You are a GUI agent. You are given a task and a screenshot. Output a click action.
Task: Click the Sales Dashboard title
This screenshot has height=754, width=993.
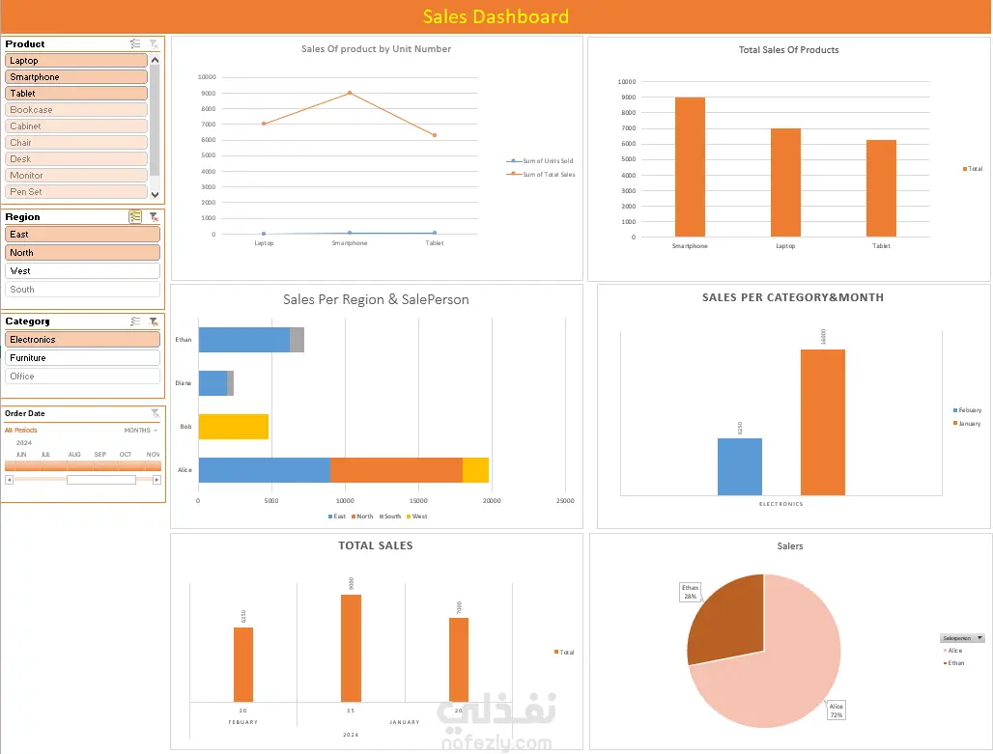(496, 16)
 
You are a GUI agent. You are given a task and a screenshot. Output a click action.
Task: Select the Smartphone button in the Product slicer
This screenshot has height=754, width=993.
(76, 77)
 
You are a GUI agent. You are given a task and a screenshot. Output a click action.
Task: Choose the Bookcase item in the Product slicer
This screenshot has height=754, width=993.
(76, 110)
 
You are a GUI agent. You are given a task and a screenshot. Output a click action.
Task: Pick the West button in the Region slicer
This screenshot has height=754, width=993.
(82, 271)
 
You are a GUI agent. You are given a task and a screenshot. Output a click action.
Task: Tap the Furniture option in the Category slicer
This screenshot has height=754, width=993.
(82, 358)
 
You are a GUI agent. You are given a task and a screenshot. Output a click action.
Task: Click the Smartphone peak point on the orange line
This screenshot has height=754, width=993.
(350, 93)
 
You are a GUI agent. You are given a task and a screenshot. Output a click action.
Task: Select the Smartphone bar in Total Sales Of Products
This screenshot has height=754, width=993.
(690, 166)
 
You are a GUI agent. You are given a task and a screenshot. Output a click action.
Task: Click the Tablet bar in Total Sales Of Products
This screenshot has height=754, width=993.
(881, 188)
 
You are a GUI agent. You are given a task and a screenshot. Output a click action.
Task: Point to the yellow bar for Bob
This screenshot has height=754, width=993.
(233, 426)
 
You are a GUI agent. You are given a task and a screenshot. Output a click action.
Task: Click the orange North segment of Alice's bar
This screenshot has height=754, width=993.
(396, 469)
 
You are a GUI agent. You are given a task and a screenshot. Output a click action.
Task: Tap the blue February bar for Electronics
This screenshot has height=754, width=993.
(739, 466)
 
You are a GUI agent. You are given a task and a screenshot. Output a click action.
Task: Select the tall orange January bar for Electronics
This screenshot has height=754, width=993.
(822, 422)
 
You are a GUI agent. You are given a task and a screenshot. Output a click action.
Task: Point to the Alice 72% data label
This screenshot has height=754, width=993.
(837, 710)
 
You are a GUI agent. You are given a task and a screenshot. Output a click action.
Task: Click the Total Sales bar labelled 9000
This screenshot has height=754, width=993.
(351, 647)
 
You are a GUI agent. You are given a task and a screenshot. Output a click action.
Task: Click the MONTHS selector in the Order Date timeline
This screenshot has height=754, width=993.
(141, 431)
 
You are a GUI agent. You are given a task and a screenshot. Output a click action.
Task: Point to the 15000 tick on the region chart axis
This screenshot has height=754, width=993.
(418, 501)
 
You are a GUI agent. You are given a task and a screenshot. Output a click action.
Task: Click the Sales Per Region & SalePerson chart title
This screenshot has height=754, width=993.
(376, 300)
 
